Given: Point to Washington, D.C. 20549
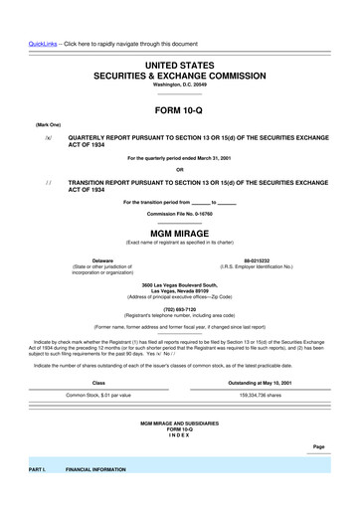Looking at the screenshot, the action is coord(180,85).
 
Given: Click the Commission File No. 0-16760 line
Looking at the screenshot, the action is coord(180,214).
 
